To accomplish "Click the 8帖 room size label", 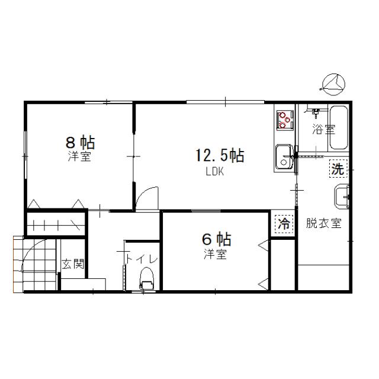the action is (x=81, y=142).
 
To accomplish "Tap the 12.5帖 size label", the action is (x=220, y=155).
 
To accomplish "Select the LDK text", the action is (x=214, y=172).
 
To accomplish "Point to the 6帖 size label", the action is (x=217, y=239).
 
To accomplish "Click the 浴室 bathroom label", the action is (x=324, y=129).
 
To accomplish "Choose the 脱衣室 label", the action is (x=324, y=223).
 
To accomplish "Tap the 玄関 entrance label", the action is (x=73, y=264).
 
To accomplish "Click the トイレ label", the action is (x=142, y=259).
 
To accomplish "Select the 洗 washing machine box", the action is (x=338, y=168).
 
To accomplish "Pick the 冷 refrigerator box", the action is (x=284, y=224).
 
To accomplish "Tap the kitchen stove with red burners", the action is (x=285, y=120).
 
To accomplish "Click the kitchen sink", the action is (x=284, y=158).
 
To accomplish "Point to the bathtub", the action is (x=339, y=128).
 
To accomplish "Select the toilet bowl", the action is (x=147, y=278).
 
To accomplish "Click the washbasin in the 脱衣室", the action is (x=342, y=197).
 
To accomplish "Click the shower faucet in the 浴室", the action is (x=316, y=112).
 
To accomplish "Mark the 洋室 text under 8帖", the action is (x=79, y=156).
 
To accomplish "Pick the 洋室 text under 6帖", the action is (x=215, y=254).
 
